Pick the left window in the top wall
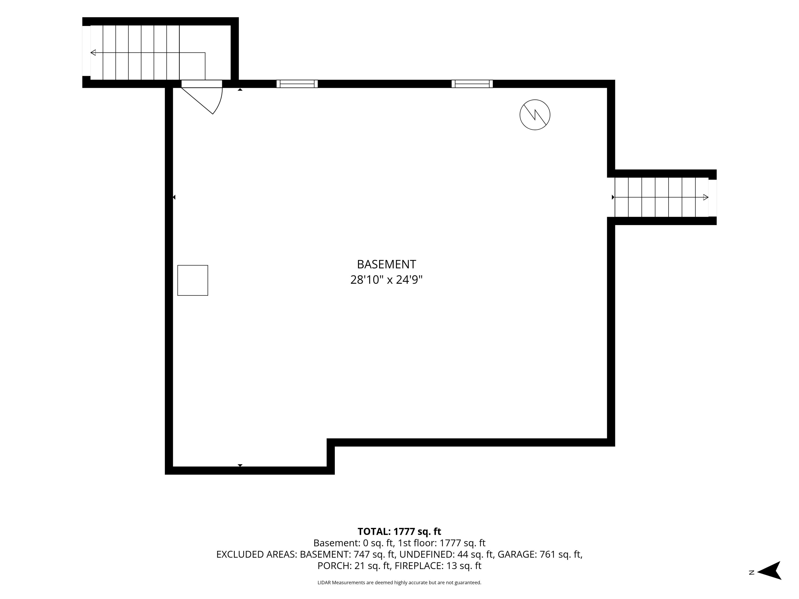tap(297, 84)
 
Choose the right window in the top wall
tap(472, 84)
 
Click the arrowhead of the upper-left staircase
tap(93, 53)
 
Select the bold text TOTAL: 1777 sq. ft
tap(399, 531)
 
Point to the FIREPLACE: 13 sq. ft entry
tap(438, 566)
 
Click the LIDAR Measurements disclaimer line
tap(399, 582)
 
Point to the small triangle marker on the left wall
tap(174, 197)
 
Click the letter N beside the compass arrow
tap(752, 573)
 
